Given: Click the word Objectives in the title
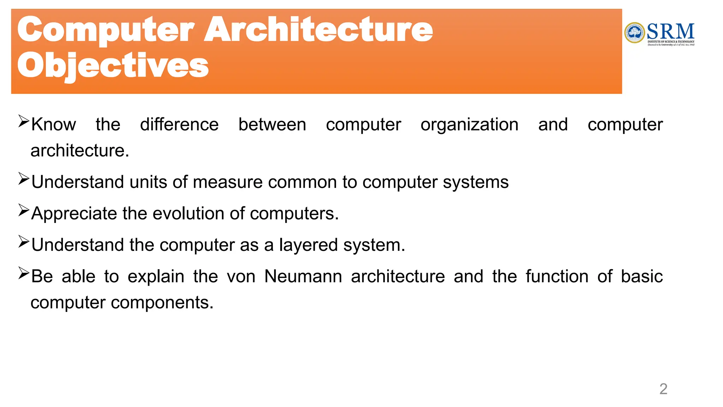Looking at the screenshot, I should (x=113, y=65).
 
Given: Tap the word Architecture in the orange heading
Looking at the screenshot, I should (x=318, y=30).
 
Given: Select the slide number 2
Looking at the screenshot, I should (x=663, y=389).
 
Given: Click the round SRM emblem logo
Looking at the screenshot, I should (x=635, y=33).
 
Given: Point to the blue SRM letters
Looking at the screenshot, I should (x=671, y=31).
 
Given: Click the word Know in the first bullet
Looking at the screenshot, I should (x=54, y=125).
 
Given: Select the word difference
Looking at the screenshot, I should (x=179, y=125).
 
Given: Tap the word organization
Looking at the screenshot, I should (x=470, y=125).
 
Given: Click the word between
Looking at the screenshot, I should (x=272, y=125).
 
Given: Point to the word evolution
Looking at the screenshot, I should (x=189, y=213).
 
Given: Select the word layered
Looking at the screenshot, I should (x=308, y=245).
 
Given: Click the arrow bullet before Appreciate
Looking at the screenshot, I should (x=24, y=211).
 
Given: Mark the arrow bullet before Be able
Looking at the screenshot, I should (x=24, y=273).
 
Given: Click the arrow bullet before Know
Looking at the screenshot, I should (x=24, y=122).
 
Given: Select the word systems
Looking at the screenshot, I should (x=476, y=182).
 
